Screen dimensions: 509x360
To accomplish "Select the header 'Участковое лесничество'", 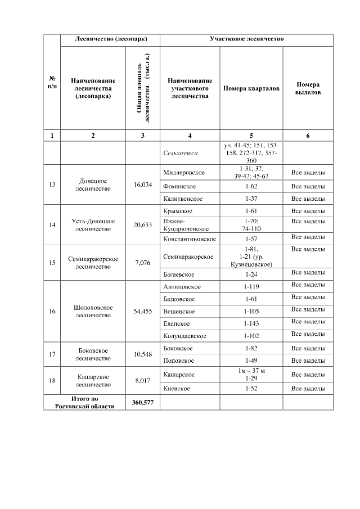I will [246, 40].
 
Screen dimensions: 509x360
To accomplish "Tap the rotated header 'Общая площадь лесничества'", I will [143, 88].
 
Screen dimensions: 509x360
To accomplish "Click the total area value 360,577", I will [143, 402].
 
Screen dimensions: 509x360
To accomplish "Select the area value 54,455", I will [143, 311].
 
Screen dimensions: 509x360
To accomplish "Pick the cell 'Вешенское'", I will [179, 311].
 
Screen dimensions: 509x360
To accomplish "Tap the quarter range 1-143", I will [251, 323].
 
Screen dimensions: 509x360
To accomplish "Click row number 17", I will [52, 354].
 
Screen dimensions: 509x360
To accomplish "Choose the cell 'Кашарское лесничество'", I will [93, 381].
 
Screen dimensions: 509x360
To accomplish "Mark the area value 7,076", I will [143, 262].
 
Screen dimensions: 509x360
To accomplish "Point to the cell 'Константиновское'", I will [190, 239].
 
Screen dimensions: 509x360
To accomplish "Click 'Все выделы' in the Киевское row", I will [308, 389].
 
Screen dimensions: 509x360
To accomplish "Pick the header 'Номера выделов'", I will [308, 88].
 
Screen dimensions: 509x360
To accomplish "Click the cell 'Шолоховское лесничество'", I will [93, 311].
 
